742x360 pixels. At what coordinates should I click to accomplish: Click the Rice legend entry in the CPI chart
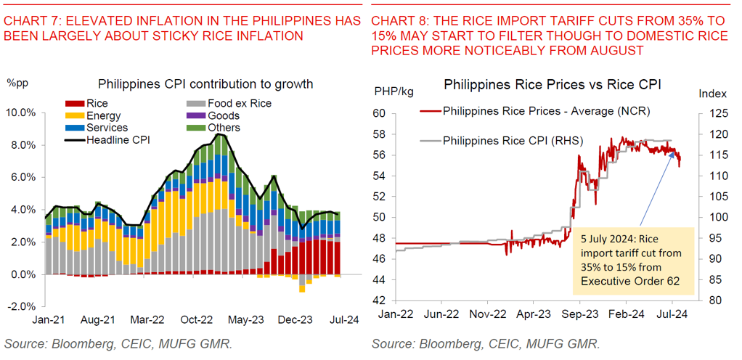[97, 104]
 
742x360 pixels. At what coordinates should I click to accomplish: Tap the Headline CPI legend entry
[118, 140]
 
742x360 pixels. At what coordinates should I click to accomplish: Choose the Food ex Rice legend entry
[239, 104]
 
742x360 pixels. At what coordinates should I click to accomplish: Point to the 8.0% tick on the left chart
[22, 145]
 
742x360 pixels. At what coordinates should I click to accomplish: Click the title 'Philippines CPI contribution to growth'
[205, 84]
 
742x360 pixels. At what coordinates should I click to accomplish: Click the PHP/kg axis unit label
[394, 91]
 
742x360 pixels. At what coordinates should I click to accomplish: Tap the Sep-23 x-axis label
[580, 315]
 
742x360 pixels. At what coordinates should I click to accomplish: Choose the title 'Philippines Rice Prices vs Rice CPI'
[552, 85]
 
